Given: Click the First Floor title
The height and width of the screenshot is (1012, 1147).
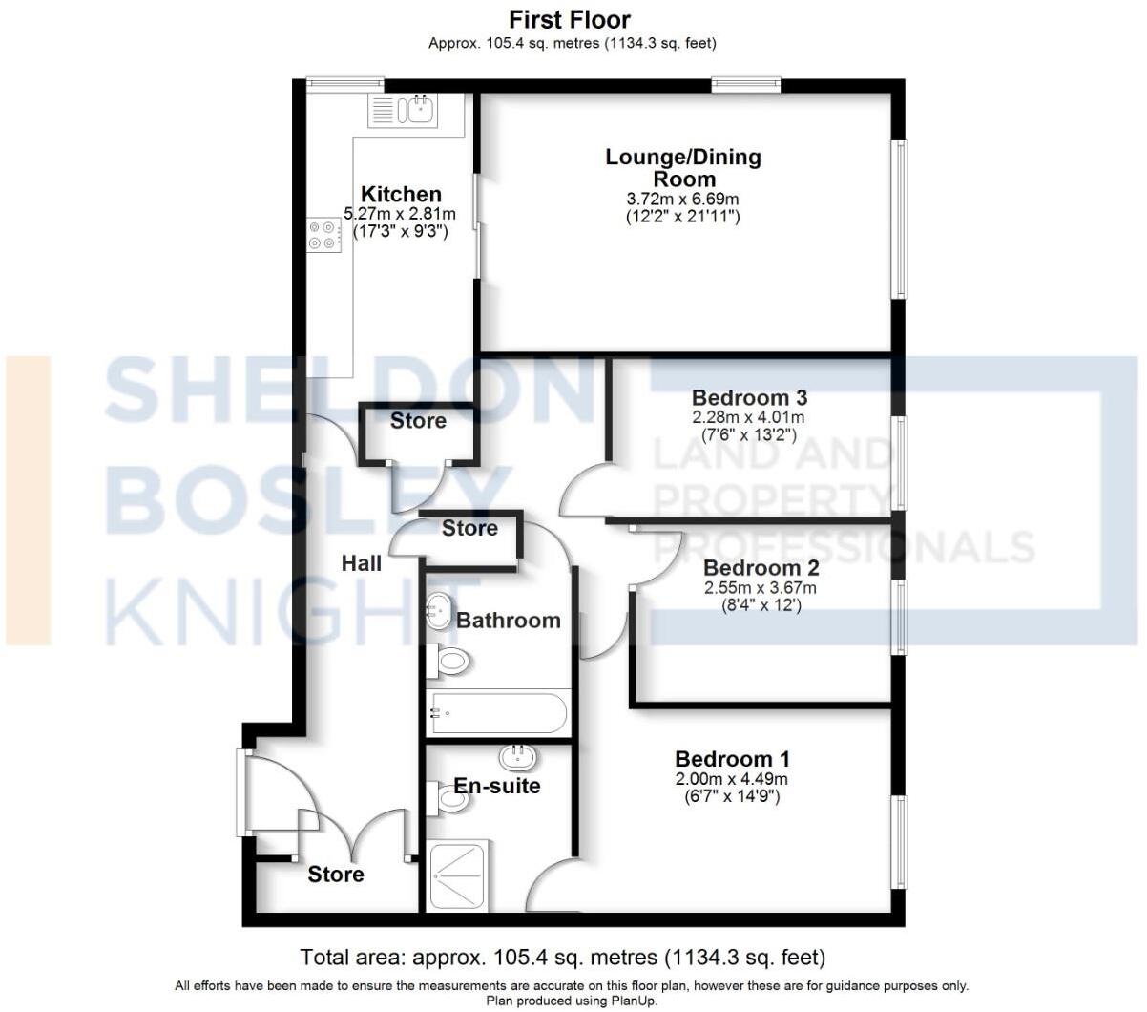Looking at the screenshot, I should tap(570, 19).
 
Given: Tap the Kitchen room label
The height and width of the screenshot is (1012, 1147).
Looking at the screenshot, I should tap(401, 195).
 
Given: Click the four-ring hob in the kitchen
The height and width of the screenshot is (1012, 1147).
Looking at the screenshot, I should tap(323, 235).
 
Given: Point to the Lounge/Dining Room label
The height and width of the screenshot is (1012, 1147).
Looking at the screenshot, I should tap(683, 168).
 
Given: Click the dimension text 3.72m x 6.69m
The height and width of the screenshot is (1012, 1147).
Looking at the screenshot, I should tap(682, 199).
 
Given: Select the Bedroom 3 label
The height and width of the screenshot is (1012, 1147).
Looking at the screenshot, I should tap(749, 397).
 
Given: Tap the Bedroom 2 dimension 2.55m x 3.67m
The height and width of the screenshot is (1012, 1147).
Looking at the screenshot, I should tap(760, 588).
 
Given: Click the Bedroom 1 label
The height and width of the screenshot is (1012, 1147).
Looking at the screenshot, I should tap(732, 759).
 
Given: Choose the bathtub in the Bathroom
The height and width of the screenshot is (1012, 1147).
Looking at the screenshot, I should tap(498, 712).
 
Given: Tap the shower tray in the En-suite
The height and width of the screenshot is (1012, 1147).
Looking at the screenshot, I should tap(459, 875).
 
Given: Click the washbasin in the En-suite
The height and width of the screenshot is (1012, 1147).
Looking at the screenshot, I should tap(517, 758).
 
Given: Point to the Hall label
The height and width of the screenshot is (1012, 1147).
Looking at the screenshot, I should tap(362, 563).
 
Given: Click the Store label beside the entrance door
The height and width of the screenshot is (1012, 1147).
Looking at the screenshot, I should tap(336, 874).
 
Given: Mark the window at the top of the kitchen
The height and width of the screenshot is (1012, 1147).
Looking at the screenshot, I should tap(345, 84).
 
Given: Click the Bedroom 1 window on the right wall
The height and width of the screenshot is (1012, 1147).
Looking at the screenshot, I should tap(899, 841).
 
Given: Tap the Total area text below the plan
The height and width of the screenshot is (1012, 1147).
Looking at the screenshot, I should tap(563, 957).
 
